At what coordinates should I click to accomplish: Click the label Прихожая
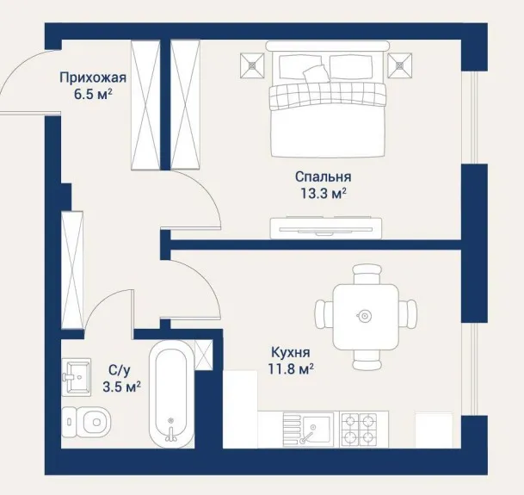point(93,77)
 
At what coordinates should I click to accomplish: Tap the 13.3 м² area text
point(324,194)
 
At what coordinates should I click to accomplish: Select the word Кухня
point(291,352)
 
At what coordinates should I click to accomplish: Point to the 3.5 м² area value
point(121,387)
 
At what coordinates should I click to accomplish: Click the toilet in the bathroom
point(86,422)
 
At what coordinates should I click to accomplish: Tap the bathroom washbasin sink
point(77,377)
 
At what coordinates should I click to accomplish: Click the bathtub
point(171,394)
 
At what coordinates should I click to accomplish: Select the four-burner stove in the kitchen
point(360,429)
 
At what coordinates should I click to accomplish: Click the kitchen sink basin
point(308,429)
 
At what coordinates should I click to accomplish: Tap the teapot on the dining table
point(364,315)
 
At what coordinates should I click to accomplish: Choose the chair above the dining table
point(367,274)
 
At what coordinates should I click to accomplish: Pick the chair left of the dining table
point(324,316)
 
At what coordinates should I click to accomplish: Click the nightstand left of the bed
point(252,65)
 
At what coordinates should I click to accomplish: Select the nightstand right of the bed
point(400,65)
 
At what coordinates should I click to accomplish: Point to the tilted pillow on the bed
point(316,73)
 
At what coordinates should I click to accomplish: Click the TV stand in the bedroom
point(326,228)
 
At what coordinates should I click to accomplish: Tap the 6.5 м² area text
point(93,95)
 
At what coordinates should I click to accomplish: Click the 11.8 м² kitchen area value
point(291,369)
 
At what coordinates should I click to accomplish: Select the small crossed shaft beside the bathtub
point(204,355)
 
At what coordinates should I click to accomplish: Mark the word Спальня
point(324,177)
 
